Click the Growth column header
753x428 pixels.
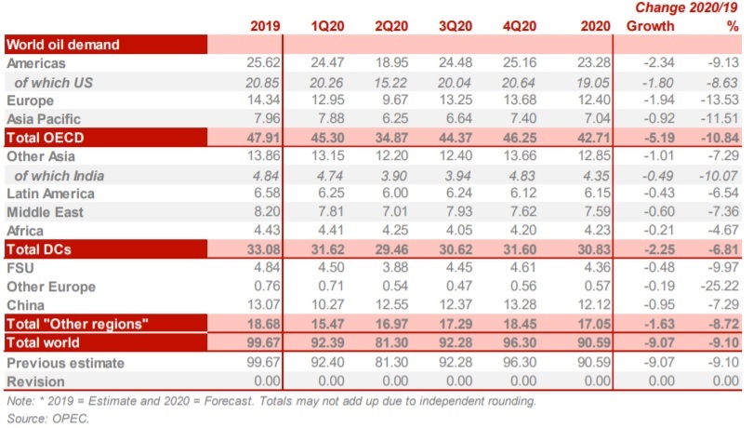650,25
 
